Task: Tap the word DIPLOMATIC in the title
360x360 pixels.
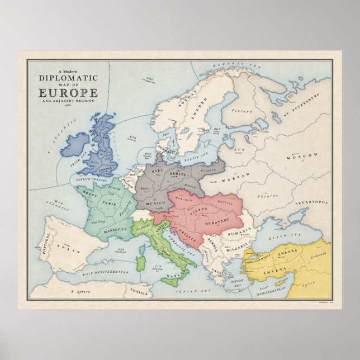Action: [68, 79]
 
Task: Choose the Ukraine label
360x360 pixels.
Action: [267, 196]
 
